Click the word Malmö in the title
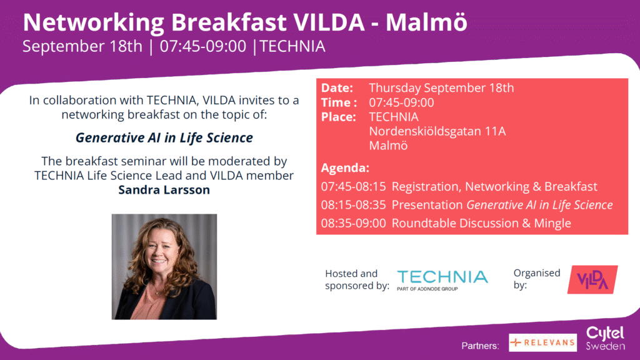[426, 22]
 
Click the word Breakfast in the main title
[228, 22]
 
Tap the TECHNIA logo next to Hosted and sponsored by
[442, 280]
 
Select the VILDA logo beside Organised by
[592, 279]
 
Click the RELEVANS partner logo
[543, 342]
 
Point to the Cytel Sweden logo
[605, 338]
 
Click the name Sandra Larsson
[164, 190]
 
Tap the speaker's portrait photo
[164, 266]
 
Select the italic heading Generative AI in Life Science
[164, 138]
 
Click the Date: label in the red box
[337, 87]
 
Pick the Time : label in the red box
[339, 102]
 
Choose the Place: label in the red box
[338, 117]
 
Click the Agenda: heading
[345, 167]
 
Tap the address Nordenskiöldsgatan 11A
[437, 131]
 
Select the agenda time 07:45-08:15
[354, 186]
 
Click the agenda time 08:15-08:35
[354, 205]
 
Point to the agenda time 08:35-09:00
[354, 223]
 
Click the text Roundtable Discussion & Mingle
[482, 223]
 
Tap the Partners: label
[481, 346]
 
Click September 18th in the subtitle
[82, 46]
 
